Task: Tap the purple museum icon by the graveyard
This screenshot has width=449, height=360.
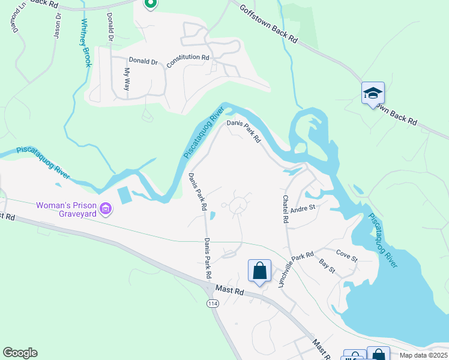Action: (106, 209)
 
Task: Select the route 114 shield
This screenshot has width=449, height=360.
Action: (212, 304)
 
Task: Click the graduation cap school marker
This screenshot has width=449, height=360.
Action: (373, 94)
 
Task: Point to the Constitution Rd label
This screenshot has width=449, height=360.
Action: (188, 61)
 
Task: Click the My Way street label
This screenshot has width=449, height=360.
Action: (127, 79)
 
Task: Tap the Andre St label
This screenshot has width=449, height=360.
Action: (303, 208)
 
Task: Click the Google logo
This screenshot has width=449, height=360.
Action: (20, 353)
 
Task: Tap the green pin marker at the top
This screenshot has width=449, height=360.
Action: (150, 4)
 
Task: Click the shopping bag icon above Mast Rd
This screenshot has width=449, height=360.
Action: (259, 271)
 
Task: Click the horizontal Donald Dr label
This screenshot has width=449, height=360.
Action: (143, 61)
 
